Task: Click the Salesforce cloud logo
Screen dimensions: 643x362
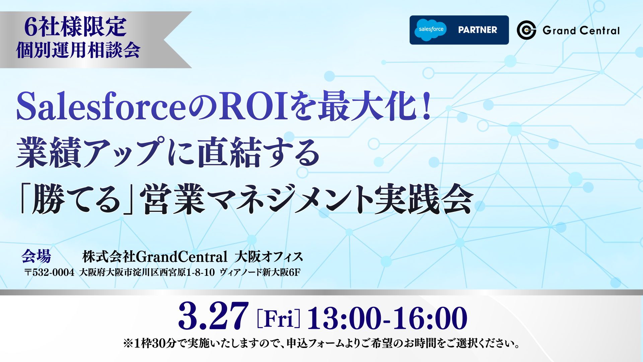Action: pyautogui.click(x=431, y=30)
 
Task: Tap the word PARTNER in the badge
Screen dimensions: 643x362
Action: pyautogui.click(x=478, y=30)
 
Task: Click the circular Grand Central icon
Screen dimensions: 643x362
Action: pyautogui.click(x=526, y=30)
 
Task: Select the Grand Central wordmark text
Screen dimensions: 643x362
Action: pyautogui.click(x=581, y=31)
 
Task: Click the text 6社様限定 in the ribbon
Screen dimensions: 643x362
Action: pyautogui.click(x=75, y=27)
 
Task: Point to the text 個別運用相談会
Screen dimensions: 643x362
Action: pyautogui.click(x=78, y=50)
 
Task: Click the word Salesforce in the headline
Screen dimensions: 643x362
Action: pyautogui.click(x=101, y=106)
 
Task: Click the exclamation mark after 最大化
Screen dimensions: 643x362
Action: pyautogui.click(x=426, y=106)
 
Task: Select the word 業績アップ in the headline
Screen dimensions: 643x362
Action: pyautogui.click(x=91, y=153)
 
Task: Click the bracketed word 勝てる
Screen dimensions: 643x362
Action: pyautogui.click(x=76, y=199)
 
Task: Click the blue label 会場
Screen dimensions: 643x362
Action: pyautogui.click(x=36, y=256)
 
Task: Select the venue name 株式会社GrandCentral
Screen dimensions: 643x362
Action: pyautogui.click(x=155, y=257)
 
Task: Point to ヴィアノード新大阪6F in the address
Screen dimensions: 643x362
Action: pyautogui.click(x=260, y=272)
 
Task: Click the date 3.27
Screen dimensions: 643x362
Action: pyautogui.click(x=214, y=316)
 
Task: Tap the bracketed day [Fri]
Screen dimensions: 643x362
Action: pyautogui.click(x=279, y=318)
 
